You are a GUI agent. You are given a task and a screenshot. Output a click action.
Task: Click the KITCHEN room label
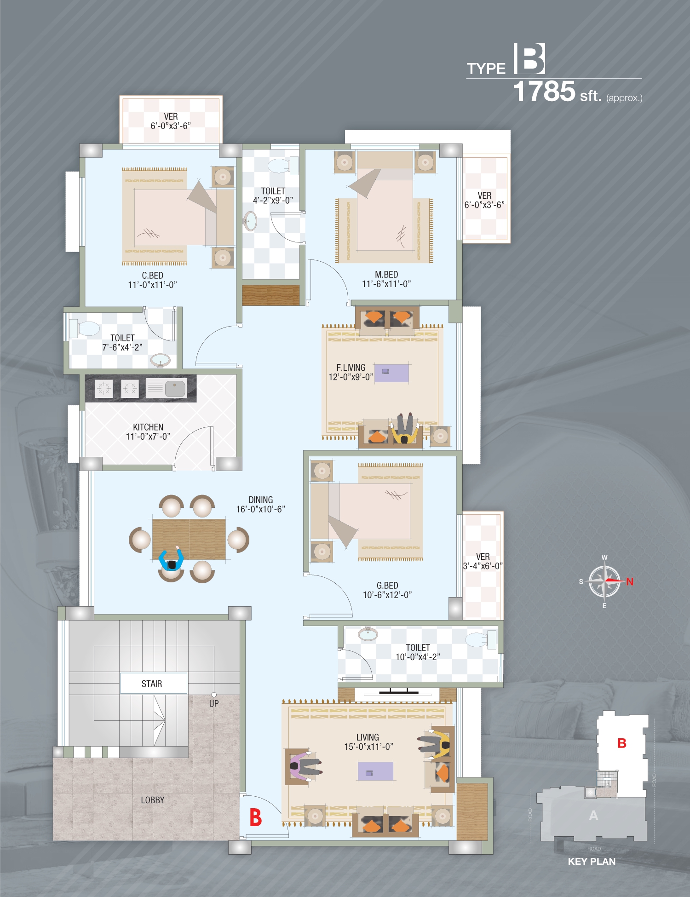[148, 427]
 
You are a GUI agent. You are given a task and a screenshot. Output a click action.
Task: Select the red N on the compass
[630, 581]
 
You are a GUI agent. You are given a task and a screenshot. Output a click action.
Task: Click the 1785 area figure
[544, 91]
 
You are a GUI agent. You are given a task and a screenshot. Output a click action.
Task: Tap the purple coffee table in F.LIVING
[391, 373]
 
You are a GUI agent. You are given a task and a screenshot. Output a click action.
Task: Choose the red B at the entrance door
[255, 817]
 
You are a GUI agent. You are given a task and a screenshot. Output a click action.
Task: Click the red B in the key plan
[622, 743]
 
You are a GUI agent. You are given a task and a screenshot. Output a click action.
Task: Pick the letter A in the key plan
[593, 815]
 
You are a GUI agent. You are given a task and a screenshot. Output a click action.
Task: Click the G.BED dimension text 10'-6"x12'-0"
[387, 595]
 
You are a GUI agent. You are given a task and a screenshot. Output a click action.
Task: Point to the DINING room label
[261, 500]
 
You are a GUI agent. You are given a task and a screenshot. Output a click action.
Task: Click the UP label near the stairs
[214, 703]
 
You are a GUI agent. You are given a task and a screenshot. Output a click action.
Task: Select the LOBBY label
[153, 800]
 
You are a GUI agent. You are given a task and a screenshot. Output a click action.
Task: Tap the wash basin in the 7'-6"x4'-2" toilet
[160, 360]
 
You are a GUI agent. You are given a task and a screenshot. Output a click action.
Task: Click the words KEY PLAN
[592, 862]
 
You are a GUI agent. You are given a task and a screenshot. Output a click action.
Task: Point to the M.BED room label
[386, 274]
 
